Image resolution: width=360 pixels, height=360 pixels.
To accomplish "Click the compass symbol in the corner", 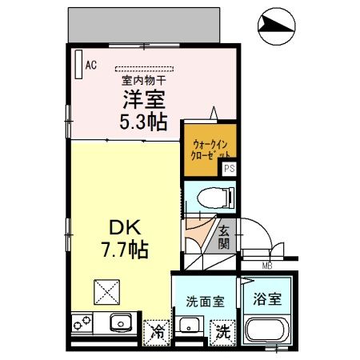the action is point(277,26).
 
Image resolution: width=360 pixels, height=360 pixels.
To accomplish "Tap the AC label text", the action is point(91,65).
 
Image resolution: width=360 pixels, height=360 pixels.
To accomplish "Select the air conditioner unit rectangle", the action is point(78,64).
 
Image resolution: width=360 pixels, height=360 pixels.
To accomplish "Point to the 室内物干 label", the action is point(144,81).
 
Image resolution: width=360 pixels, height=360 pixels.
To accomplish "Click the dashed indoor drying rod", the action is point(144,69).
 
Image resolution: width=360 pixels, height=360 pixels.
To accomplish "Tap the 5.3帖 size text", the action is point(143,122).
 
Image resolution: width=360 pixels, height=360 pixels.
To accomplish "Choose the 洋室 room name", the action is point(144,100).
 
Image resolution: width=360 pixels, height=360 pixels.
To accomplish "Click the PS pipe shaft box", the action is point(230,169).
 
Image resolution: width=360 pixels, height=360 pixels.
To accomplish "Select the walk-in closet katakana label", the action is point(210,150).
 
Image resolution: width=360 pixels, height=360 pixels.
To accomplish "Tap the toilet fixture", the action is point(216,198).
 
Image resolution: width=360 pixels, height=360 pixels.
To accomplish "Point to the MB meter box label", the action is point(267,266).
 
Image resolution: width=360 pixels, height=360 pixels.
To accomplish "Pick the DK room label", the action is point(125,228).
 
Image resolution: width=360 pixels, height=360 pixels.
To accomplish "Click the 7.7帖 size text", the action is point(125,250).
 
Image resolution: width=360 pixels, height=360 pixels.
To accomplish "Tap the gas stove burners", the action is point(82,323).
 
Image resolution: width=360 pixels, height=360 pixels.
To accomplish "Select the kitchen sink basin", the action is point(121,322).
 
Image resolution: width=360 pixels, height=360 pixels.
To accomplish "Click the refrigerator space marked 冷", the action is point(156,333).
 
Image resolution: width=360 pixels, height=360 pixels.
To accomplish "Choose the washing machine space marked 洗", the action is point(223,333).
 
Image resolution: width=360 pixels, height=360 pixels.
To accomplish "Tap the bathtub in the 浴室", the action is point(267,330).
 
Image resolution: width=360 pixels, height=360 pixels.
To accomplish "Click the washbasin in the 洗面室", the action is point(189,326).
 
